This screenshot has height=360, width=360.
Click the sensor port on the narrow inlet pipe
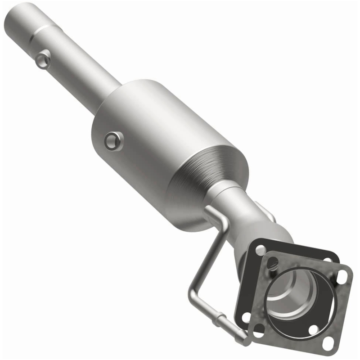coord(44,59)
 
